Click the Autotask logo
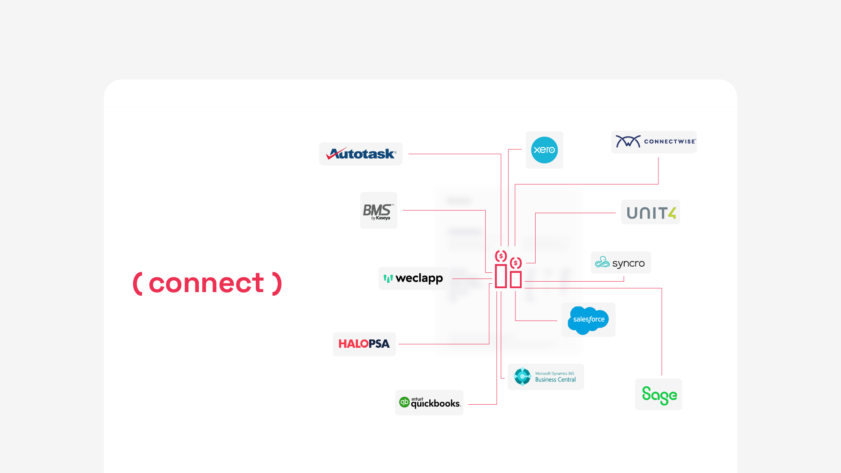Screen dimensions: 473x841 click(x=361, y=154)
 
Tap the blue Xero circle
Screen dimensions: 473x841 click(x=544, y=150)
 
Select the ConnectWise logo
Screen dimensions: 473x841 click(x=654, y=141)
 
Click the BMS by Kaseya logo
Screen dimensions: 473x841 click(x=378, y=211)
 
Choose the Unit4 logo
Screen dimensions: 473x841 click(x=650, y=213)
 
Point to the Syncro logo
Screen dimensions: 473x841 click(x=621, y=263)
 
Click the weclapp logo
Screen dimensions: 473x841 click(x=413, y=279)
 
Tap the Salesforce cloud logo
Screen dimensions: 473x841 click(x=588, y=320)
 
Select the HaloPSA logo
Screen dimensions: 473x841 click(x=364, y=344)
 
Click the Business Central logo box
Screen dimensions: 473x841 click(x=546, y=377)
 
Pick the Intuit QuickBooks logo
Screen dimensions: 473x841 click(x=429, y=402)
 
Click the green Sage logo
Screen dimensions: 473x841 click(x=659, y=395)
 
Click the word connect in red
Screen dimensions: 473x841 click(x=206, y=283)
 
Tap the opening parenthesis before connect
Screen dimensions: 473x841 click(x=138, y=283)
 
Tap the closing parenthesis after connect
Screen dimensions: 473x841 click(x=277, y=283)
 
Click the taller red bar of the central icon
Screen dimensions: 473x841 click(x=501, y=276)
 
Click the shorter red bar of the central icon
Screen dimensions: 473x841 click(x=516, y=279)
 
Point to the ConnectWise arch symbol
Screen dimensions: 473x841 click(x=628, y=141)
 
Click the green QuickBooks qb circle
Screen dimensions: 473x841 click(x=404, y=402)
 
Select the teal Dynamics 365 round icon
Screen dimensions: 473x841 click(x=522, y=377)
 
